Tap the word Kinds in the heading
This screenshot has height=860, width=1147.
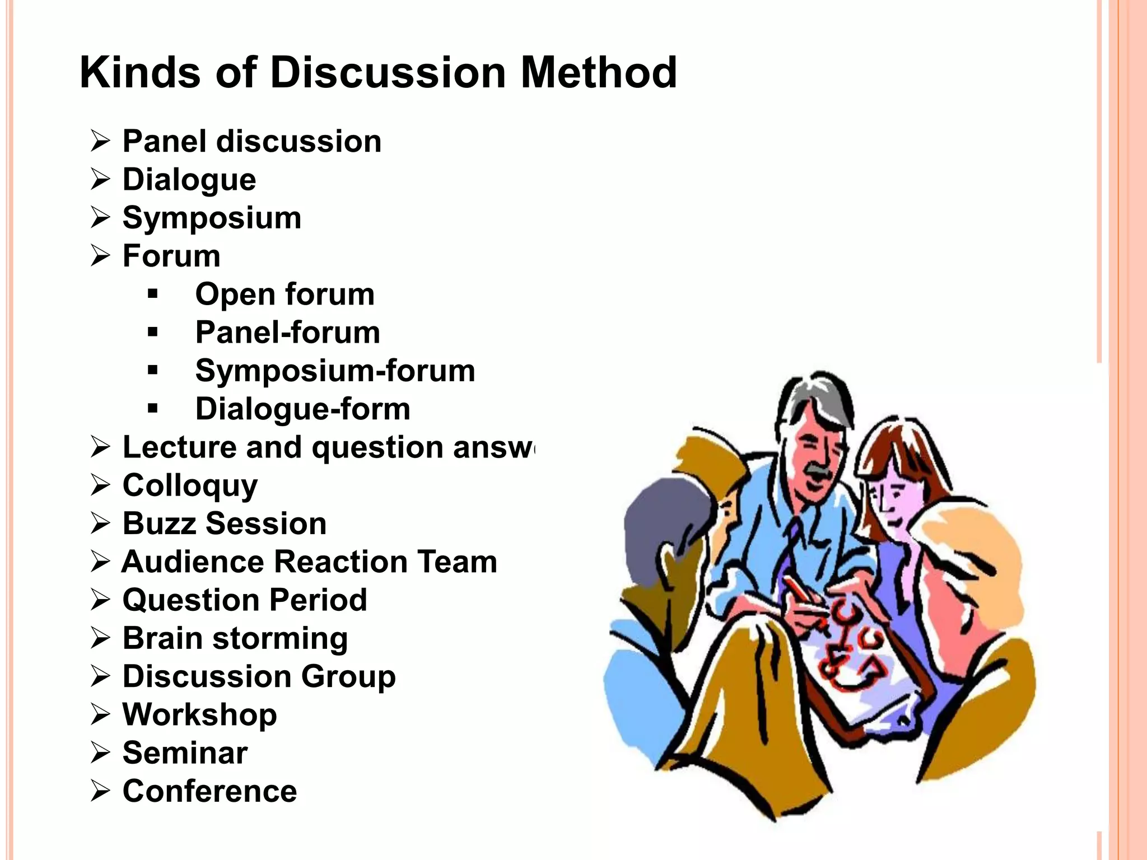click(140, 73)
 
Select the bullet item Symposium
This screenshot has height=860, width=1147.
click(212, 218)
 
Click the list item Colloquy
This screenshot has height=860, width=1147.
click(190, 485)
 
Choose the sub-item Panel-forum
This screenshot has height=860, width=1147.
click(287, 333)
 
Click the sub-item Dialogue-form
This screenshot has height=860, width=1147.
click(302, 409)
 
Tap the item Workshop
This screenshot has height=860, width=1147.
click(199, 714)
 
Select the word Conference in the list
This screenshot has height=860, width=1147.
click(209, 791)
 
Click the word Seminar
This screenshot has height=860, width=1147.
click(185, 753)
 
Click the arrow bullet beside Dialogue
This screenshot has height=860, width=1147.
click(100, 180)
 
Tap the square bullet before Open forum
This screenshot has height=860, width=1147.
click(153, 295)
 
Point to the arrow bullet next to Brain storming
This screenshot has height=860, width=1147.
click(100, 638)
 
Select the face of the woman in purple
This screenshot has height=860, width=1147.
click(890, 498)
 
